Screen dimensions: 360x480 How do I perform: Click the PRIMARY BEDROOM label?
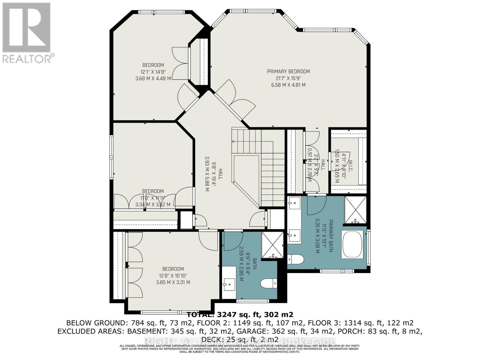(x=288, y=71)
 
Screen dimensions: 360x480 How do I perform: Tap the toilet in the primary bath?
(x=296, y=259)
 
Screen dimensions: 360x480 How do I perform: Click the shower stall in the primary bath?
(x=355, y=210)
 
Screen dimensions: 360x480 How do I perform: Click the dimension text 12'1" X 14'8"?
(x=153, y=72)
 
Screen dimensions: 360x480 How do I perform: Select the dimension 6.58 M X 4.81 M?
(x=288, y=85)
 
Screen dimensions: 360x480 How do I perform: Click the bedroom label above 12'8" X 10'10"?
(x=173, y=269)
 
